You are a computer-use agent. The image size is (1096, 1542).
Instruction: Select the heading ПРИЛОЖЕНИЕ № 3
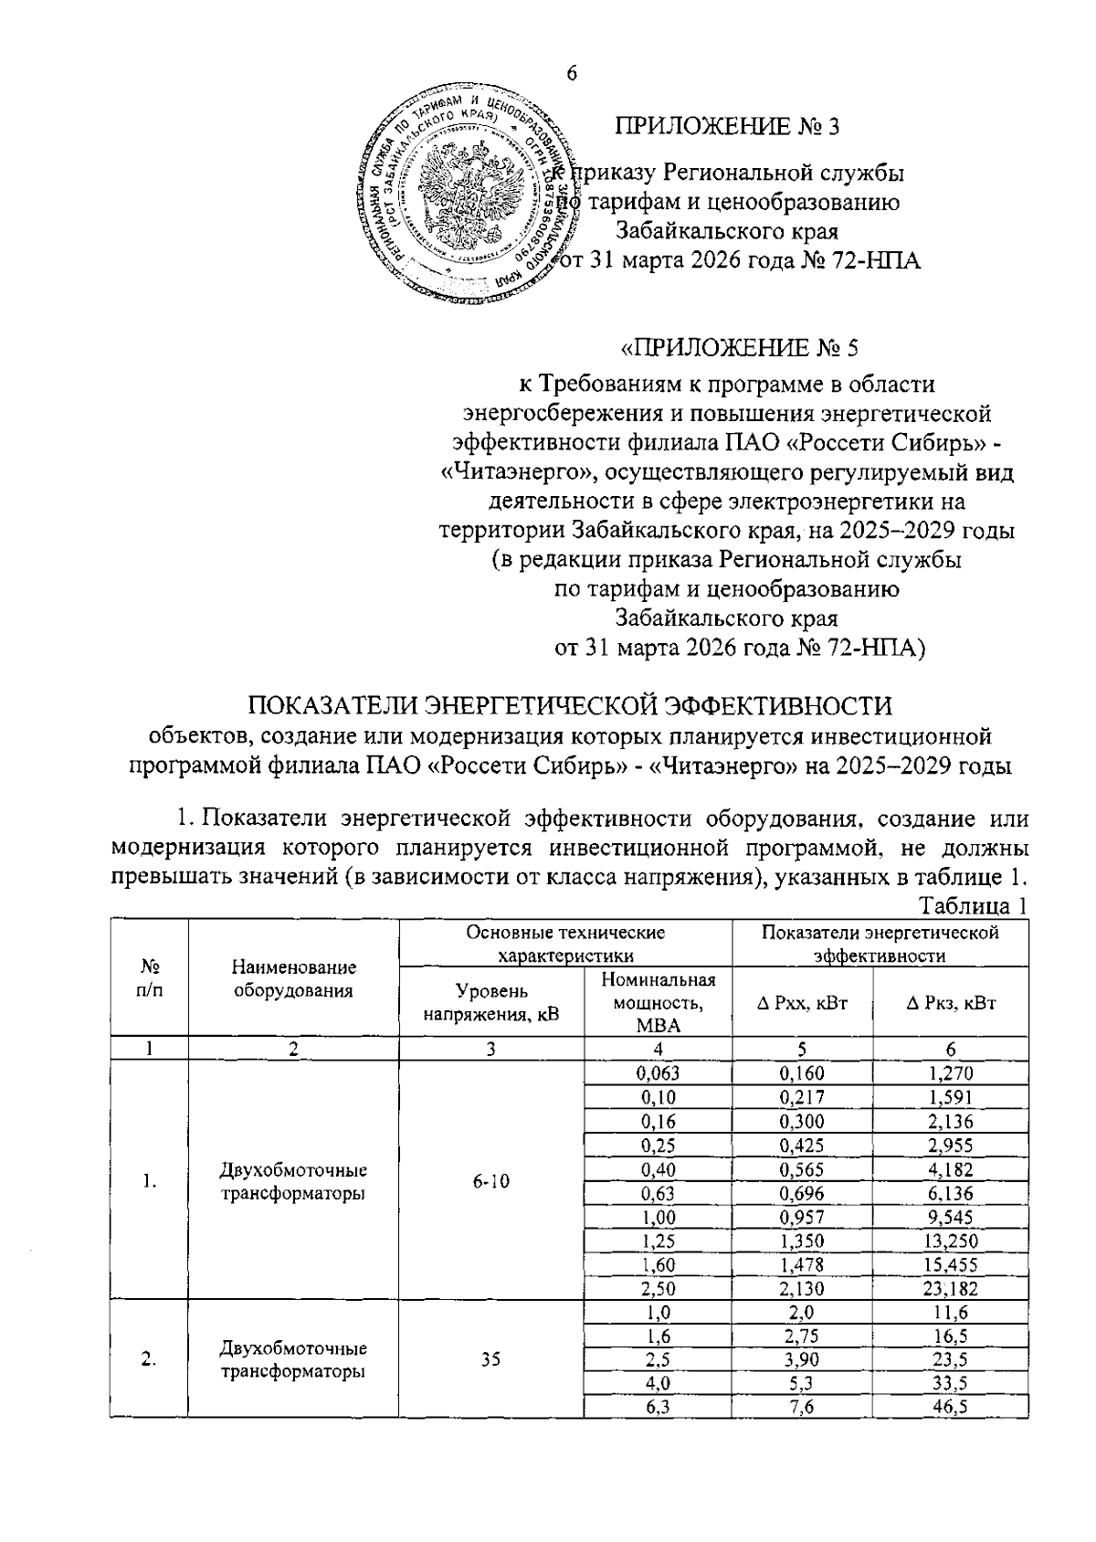coord(727,125)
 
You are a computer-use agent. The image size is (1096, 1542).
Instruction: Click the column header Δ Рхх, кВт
coord(802,1002)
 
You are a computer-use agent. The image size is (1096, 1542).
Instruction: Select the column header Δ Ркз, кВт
coord(950,1002)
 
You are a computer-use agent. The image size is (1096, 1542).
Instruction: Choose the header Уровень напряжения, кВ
coord(491,1002)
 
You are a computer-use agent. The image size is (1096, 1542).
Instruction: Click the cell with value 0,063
coord(659,1073)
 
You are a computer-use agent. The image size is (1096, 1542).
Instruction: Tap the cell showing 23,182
coord(950,1289)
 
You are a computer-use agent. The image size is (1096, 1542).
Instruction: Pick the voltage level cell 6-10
coord(491,1181)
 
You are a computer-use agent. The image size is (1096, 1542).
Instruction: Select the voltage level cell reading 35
coord(491,1360)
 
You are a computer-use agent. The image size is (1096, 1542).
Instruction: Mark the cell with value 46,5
coord(950,1408)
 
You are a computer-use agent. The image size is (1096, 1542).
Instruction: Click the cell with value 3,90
coord(802,1360)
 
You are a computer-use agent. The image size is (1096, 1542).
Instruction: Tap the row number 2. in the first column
coord(148,1360)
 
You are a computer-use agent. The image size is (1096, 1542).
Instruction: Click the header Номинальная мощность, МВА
coord(659,1002)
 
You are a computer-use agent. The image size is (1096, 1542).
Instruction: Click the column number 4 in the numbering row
coord(659,1049)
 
